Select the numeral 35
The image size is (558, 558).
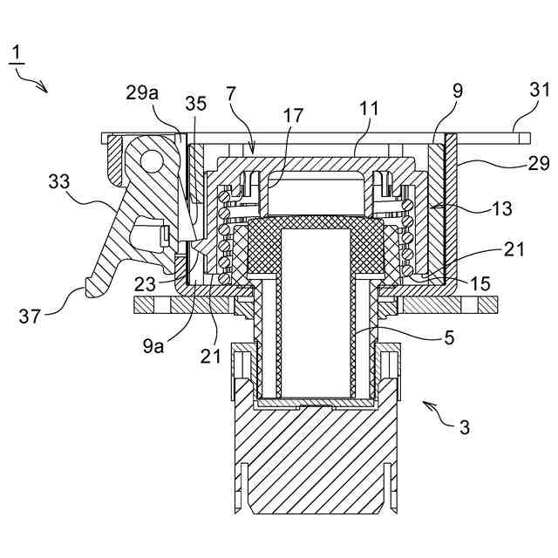pos(196,103)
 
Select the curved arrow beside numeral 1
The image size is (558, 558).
pos(35,82)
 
